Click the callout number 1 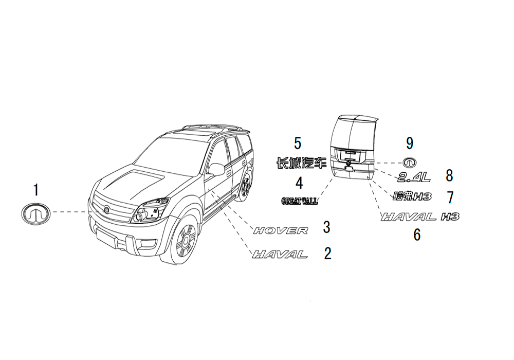[x=36, y=190]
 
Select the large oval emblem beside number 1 [x=36, y=214]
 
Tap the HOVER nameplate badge [x=281, y=230]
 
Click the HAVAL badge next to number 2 [x=280, y=254]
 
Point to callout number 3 [x=326, y=227]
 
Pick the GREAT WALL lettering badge [x=300, y=201]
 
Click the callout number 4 [x=299, y=183]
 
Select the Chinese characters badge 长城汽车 [x=302, y=163]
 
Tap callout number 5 [x=298, y=143]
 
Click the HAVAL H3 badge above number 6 [x=420, y=217]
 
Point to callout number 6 [x=417, y=235]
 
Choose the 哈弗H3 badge [x=412, y=196]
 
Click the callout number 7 [x=450, y=197]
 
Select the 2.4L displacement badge [x=414, y=177]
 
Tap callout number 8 [x=449, y=175]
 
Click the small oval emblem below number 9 [x=410, y=163]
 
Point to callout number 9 [x=410, y=143]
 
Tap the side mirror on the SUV [x=216, y=169]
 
